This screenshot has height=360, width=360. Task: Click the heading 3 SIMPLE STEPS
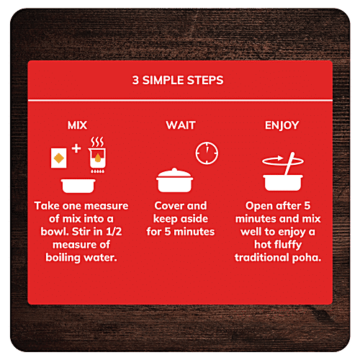point(178,80)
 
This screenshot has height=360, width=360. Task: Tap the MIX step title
point(77,125)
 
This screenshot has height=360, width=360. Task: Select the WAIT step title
point(181,125)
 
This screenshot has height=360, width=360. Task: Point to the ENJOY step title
point(282,125)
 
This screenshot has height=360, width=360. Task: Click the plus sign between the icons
point(76,148)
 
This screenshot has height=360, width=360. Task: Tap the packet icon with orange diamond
point(58,158)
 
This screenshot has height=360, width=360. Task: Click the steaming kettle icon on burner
point(97,155)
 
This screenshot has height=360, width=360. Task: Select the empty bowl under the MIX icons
point(78,186)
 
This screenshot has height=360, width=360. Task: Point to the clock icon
point(207,153)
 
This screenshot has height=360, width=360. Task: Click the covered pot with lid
point(174,181)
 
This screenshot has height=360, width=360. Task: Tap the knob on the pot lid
point(174,169)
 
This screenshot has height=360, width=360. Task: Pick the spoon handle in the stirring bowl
point(289,163)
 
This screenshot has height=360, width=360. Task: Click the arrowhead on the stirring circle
point(280,158)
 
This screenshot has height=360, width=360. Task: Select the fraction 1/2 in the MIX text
point(114,232)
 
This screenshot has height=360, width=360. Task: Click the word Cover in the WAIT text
point(167,206)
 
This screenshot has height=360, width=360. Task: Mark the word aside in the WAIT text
point(194,219)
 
